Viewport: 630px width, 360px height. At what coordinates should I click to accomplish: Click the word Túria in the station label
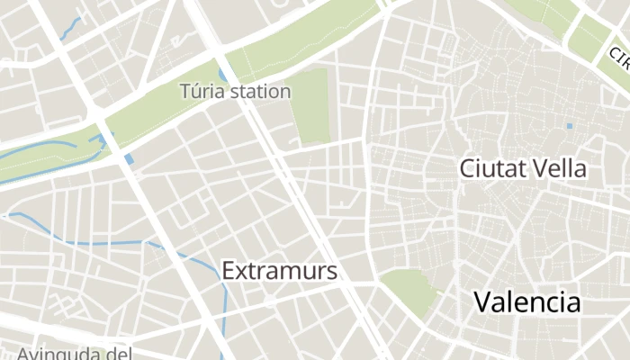click(x=202, y=92)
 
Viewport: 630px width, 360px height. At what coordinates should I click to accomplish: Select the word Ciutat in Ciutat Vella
click(x=491, y=168)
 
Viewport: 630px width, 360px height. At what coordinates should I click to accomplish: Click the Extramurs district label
click(x=279, y=271)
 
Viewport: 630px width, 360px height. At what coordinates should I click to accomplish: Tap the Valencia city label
click(x=527, y=302)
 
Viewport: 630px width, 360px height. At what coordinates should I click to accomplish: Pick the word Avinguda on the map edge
click(x=58, y=353)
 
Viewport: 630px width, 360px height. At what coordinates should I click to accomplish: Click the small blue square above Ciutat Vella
click(x=569, y=126)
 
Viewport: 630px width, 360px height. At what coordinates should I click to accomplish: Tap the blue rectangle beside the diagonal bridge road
click(x=130, y=159)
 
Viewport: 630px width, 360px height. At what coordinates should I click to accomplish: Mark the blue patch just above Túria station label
click(x=222, y=74)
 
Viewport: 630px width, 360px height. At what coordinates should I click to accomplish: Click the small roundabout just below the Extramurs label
click(x=271, y=299)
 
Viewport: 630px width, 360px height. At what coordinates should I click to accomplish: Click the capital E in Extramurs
click(x=229, y=271)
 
